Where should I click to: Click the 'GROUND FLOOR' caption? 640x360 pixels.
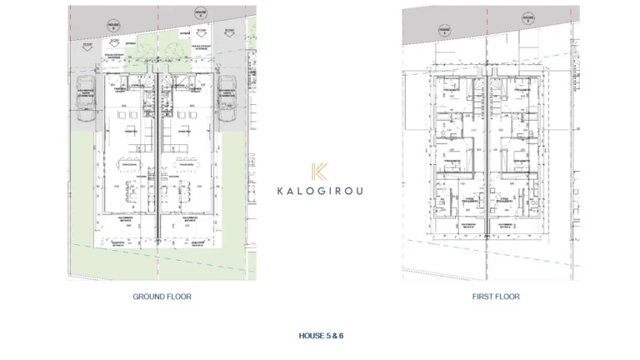[162, 297]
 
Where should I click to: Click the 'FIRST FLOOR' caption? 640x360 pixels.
[495, 297]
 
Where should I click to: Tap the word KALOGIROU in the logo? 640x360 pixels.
[320, 189]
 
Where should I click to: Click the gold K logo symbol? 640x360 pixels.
[320, 172]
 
